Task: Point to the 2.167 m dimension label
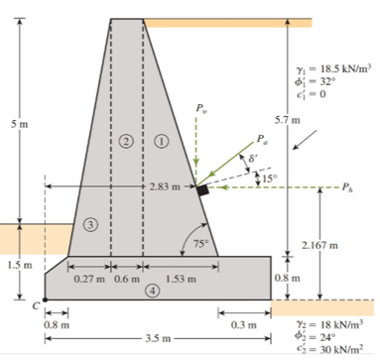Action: tap(319, 245)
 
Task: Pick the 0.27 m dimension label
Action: tap(89, 279)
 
